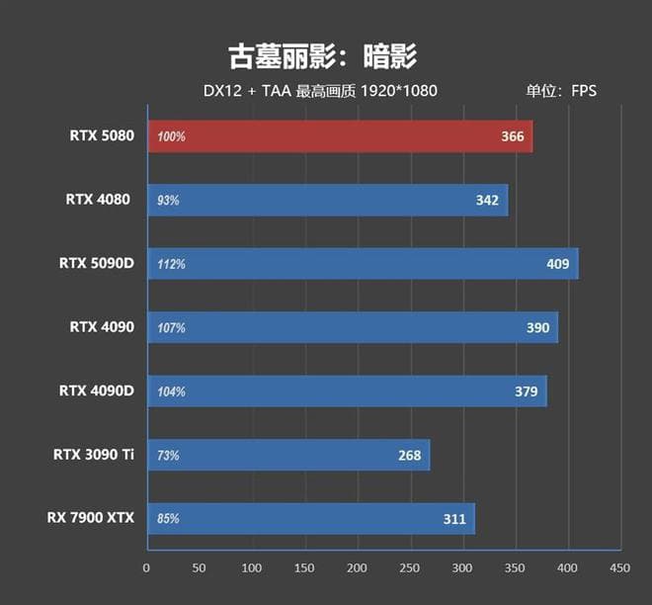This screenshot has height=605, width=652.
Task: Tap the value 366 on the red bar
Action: coord(513,136)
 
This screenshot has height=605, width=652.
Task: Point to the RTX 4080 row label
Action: coord(98,200)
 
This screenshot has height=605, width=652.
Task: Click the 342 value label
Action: coord(487,201)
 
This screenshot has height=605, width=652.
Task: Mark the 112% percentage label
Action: coord(171,265)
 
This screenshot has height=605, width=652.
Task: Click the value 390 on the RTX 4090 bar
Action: coord(537,327)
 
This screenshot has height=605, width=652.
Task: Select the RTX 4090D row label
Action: coord(95,390)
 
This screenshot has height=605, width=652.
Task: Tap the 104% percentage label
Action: coord(171,392)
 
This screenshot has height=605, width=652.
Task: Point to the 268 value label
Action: coord(409,456)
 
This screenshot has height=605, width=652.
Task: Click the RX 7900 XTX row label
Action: coord(90,518)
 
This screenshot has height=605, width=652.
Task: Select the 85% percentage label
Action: coord(168,519)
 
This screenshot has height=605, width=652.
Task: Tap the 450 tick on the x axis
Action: coord(619,568)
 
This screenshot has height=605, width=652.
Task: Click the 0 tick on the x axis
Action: coord(146,568)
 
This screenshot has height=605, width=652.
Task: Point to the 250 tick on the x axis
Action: coord(409,568)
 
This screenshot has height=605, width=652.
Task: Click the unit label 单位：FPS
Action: coord(561,91)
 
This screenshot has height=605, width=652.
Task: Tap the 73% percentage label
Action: coord(168,456)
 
